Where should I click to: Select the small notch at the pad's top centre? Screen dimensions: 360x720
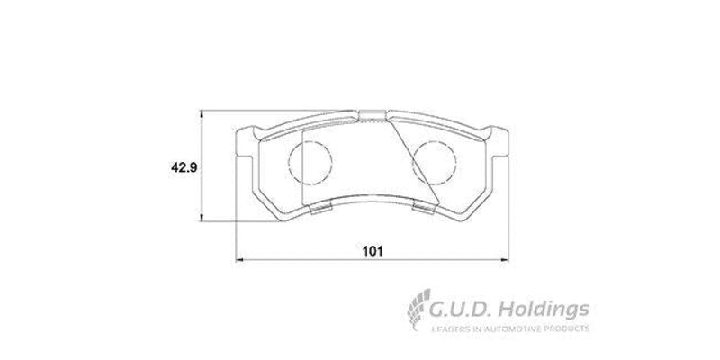coord(370,113)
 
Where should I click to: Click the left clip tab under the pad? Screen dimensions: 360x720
coord(319,210)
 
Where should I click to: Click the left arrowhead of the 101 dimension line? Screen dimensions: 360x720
coord(238,260)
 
